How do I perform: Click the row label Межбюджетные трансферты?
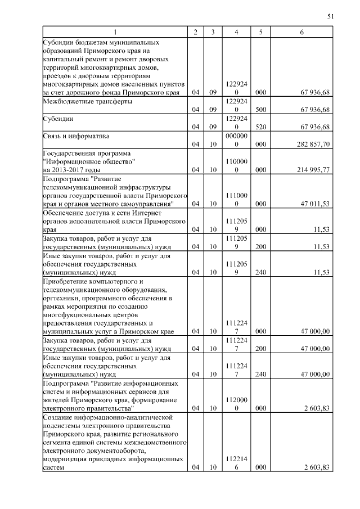tap(88, 102)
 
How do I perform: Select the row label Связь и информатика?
tap(76, 136)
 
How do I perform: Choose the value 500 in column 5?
tap(260, 110)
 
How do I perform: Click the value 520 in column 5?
tap(260, 127)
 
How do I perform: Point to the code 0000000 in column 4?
tap(237, 140)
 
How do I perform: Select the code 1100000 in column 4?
tap(237, 165)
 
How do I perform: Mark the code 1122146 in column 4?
tap(237, 463)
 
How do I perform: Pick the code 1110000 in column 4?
tap(237, 199)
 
